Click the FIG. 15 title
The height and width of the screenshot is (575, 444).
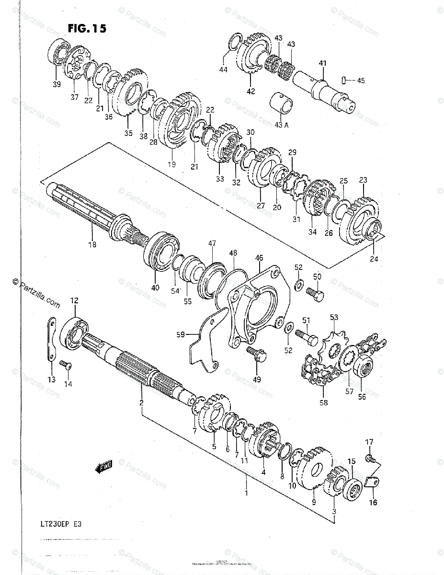pos(87,29)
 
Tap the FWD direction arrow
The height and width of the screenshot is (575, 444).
pos(103,466)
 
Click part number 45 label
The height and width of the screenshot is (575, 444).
pos(361,80)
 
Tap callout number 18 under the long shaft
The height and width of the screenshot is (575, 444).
pos(92,244)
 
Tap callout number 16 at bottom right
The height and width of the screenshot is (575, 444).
pos(373,503)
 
